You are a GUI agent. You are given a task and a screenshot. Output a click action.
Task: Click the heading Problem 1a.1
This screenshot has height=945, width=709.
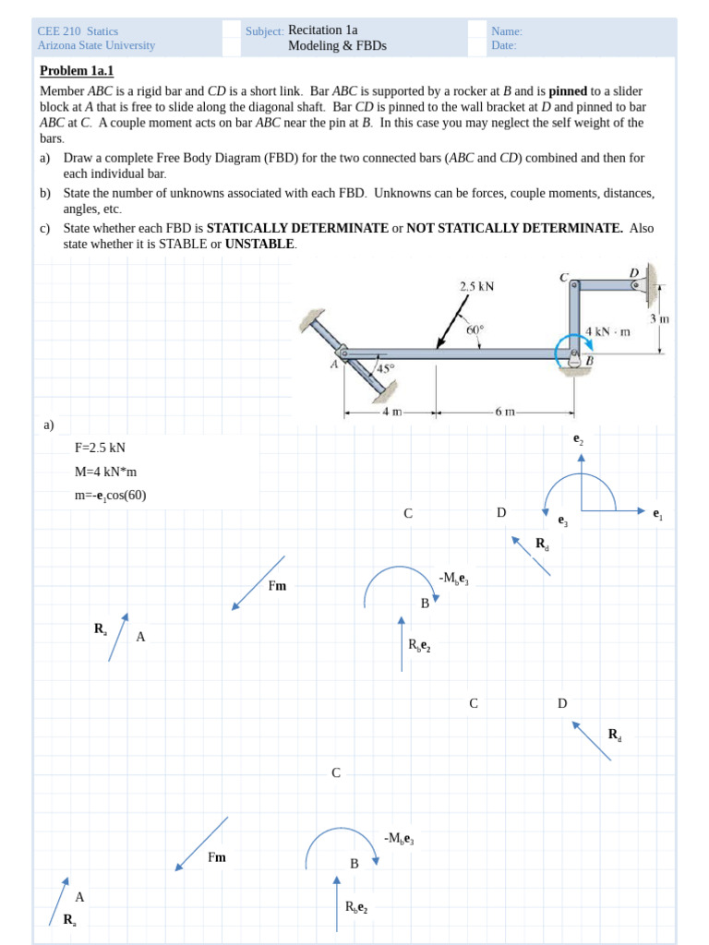coord(77,71)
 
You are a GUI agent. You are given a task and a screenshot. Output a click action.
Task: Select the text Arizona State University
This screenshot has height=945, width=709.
coord(96,45)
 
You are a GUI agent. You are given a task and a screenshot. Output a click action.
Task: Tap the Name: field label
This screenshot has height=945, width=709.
coord(506,30)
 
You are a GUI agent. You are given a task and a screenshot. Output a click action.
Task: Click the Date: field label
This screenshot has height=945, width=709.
coord(503,45)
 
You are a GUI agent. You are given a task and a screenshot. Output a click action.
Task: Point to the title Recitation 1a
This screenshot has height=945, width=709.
coord(322,30)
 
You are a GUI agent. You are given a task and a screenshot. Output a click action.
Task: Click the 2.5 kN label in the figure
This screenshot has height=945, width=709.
coord(476,286)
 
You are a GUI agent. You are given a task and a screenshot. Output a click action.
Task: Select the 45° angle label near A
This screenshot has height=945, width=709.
coord(385,368)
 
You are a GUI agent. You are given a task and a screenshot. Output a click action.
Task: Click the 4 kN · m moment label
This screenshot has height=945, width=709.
coord(607,330)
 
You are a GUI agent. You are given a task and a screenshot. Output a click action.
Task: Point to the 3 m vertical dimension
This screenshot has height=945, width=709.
coord(658,318)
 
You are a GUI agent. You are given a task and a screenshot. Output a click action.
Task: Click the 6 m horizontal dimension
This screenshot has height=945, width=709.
coord(504,412)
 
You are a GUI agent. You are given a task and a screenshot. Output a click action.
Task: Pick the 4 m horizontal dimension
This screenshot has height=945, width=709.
coord(391,412)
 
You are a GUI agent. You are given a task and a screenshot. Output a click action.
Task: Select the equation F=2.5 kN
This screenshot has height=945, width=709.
coord(100,449)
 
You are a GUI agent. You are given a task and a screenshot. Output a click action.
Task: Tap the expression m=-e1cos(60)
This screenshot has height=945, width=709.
coord(110,496)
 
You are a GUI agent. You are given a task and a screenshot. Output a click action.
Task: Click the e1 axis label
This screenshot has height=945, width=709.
coord(656,514)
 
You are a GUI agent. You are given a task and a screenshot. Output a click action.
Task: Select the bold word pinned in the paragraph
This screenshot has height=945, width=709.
coord(568,91)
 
